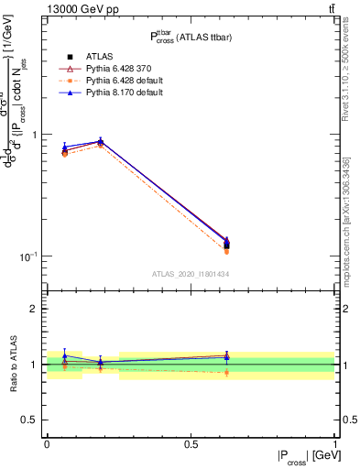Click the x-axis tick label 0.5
[x=191, y=444]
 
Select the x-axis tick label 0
[x=47, y=444]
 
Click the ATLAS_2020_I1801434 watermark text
[x=191, y=274]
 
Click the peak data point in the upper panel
[x=100, y=142]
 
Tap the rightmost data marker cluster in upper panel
[x=226, y=244]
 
